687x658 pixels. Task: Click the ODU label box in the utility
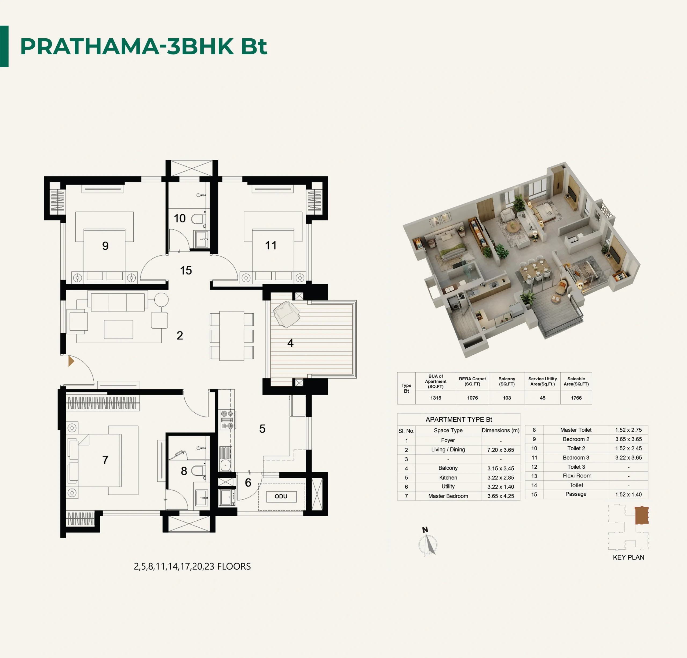coord(281,497)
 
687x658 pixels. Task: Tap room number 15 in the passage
coord(186,270)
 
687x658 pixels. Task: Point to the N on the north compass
coord(425,530)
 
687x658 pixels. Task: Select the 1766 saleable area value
coord(576,398)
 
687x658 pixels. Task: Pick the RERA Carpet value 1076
coord(473,398)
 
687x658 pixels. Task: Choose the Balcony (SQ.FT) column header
coord(507,381)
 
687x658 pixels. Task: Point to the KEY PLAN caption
coord(628,557)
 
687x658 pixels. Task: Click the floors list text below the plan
coord(192,566)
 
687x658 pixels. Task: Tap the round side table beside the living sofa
coord(161,300)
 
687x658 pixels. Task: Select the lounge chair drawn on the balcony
coord(286,314)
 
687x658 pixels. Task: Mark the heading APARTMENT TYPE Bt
coord(459,419)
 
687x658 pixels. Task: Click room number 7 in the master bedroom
coord(105,460)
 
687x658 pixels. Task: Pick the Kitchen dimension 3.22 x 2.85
coord(500,477)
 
